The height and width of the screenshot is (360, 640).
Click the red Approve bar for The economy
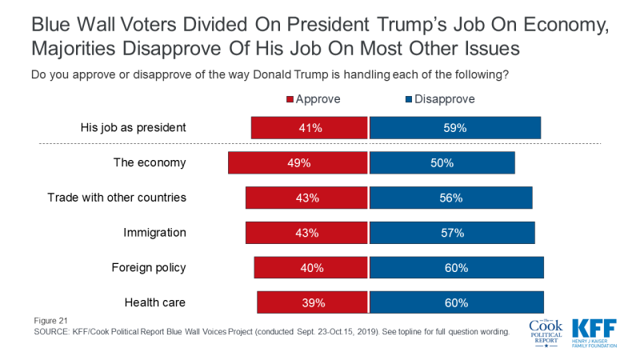tap(298, 162)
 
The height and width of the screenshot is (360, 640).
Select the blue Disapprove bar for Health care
tap(456, 302)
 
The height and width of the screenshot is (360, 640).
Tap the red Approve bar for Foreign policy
tap(310, 268)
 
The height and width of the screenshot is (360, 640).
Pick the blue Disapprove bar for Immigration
tap(452, 233)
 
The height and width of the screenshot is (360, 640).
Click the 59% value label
tap(454, 127)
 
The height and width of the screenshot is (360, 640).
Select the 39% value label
tap(311, 302)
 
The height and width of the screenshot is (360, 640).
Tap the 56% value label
tap(450, 198)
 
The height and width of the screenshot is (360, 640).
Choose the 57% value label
tap(452, 233)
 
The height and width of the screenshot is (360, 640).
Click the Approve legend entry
tap(313, 99)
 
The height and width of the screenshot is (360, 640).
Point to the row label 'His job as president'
tap(134, 127)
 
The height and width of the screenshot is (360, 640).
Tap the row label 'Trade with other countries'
tap(117, 198)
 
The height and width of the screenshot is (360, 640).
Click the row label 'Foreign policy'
tap(149, 268)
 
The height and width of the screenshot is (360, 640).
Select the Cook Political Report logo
tap(546, 332)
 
